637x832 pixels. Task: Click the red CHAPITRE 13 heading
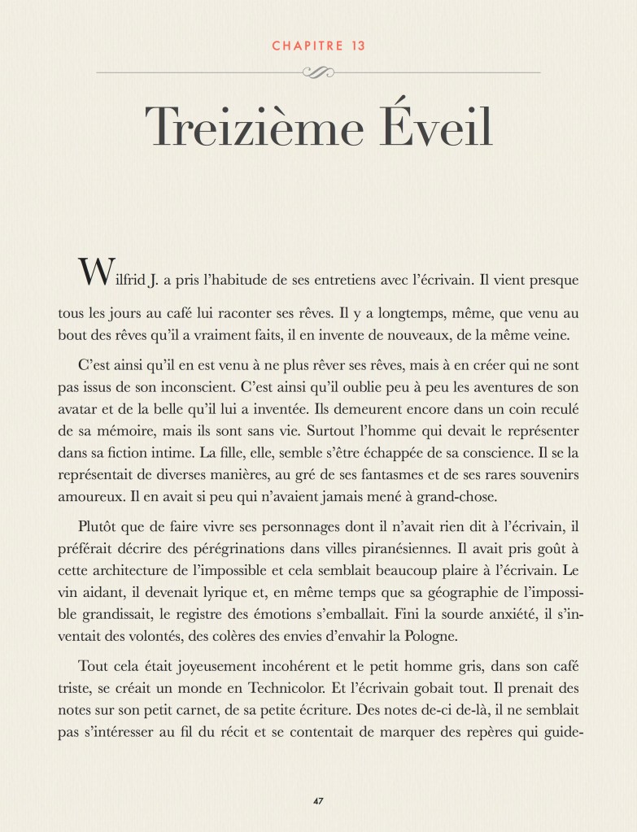[x=318, y=46]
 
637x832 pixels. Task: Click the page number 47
[x=318, y=800]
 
